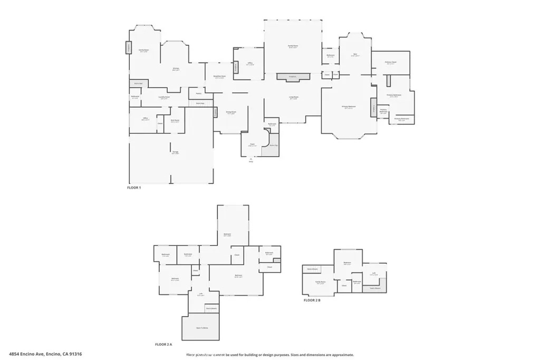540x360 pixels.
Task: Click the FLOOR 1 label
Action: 134,188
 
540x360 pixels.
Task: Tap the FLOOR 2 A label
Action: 163,344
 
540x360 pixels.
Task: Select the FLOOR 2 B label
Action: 312,300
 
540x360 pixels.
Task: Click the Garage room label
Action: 175,152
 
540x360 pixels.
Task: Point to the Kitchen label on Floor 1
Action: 176,69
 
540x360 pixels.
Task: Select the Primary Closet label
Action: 390,63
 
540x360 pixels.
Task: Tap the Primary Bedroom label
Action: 349,107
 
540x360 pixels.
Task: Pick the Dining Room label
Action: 231,112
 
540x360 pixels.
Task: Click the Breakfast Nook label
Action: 219,76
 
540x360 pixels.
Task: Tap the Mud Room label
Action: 175,121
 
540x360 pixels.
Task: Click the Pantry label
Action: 199,93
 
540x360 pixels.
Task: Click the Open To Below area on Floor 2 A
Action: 201,327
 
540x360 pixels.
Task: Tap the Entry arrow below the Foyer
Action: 251,160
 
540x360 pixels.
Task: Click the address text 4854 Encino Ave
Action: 45,355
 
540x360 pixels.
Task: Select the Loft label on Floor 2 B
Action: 374,273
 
